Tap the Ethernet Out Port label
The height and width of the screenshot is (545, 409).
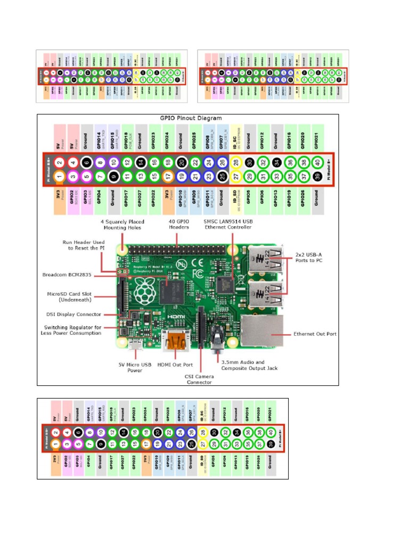pos(315,334)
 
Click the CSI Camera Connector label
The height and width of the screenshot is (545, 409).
pos(199,378)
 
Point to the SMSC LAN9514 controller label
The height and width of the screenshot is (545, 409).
pos(231,224)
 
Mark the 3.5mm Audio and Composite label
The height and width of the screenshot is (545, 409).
pos(250,365)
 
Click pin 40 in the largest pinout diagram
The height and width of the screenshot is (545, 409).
pos(317,162)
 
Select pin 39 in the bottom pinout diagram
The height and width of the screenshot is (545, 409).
pos(271,443)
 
